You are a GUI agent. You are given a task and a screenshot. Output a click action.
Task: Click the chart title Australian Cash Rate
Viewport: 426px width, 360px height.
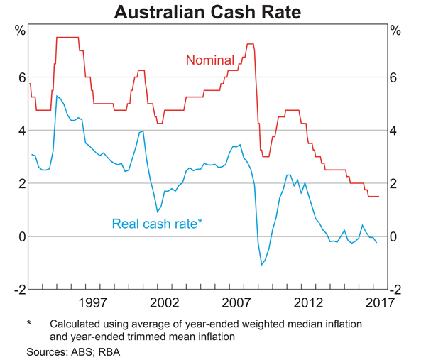pos(212,12)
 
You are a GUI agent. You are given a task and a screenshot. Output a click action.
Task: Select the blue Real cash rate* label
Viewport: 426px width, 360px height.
pos(157,224)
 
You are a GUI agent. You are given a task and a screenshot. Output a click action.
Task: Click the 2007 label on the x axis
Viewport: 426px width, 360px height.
pos(239,303)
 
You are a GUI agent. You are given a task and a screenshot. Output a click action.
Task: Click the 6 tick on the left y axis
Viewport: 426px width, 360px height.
pos(21,77)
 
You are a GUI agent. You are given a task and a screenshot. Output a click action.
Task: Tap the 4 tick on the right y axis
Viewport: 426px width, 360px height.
pos(395,131)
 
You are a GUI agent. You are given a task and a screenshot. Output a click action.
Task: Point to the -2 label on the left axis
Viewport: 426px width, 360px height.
pos(19,290)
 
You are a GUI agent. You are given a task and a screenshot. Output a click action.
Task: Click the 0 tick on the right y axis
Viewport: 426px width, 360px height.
pos(395,236)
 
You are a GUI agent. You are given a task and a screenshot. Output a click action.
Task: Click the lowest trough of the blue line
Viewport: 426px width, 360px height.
pos(262,265)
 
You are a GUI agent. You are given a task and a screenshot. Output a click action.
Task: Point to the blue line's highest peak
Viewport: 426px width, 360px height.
pos(57,95)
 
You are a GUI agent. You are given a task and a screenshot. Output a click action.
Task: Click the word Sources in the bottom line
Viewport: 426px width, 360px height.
pos(48,351)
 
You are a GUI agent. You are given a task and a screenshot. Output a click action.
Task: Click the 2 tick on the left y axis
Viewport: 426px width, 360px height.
pos(21,183)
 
